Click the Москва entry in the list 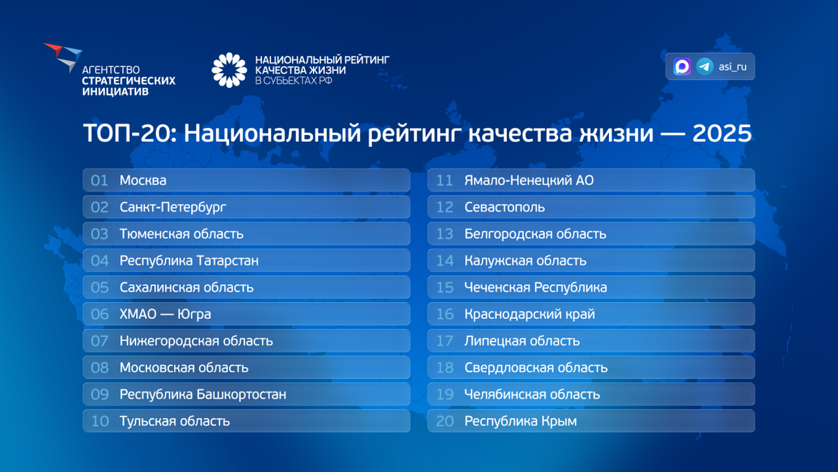point(143,180)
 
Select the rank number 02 point(100,207)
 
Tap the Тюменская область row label point(182,234)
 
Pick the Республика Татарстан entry point(189,261)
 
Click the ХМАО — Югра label point(165,314)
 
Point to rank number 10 point(100,421)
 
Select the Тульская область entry point(175,421)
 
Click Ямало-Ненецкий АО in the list point(529,180)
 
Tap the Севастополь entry point(504,207)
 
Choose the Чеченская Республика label point(536,287)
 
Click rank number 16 point(445,314)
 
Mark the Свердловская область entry point(536,368)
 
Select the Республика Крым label point(520,421)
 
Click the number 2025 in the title point(721,134)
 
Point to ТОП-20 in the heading point(129,134)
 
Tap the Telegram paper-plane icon point(705,66)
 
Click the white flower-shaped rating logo point(230,70)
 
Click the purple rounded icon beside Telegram point(682,66)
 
